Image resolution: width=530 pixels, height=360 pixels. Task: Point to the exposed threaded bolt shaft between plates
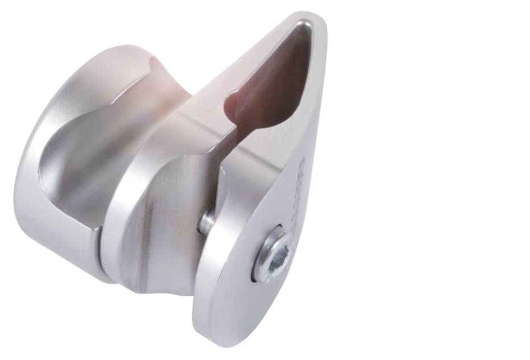pos(206,222)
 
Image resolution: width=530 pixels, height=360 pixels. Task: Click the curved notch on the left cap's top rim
pos(152,63)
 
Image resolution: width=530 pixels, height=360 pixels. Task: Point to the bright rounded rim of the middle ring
pos(117,188)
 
